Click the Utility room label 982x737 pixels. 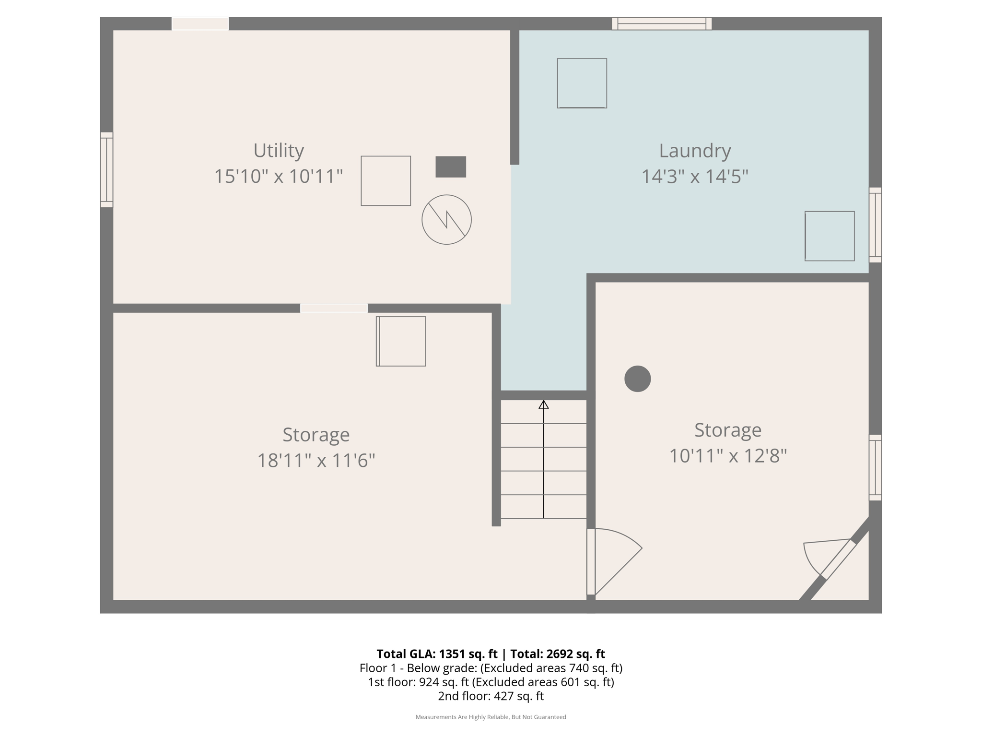tap(279, 151)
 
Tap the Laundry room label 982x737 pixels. tap(694, 151)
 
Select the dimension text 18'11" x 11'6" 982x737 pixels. tap(316, 461)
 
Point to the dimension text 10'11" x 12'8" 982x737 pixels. tap(727, 456)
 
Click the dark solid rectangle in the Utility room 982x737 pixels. tap(450, 167)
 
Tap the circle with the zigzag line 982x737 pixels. tap(446, 220)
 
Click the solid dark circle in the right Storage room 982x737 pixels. tap(637, 379)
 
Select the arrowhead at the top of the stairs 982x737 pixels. tap(543, 405)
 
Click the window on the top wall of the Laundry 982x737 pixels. tap(661, 24)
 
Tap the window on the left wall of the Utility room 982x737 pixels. tap(106, 170)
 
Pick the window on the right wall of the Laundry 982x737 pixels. tap(875, 225)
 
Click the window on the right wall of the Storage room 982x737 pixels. tap(875, 467)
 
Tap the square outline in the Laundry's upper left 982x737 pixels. tap(582, 83)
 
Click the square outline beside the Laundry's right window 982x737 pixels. tap(830, 236)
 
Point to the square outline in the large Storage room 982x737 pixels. tap(401, 341)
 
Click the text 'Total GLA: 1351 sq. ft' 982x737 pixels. tap(437, 654)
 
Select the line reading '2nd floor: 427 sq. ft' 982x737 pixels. tap(491, 696)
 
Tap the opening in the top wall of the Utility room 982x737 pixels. tap(200, 24)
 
